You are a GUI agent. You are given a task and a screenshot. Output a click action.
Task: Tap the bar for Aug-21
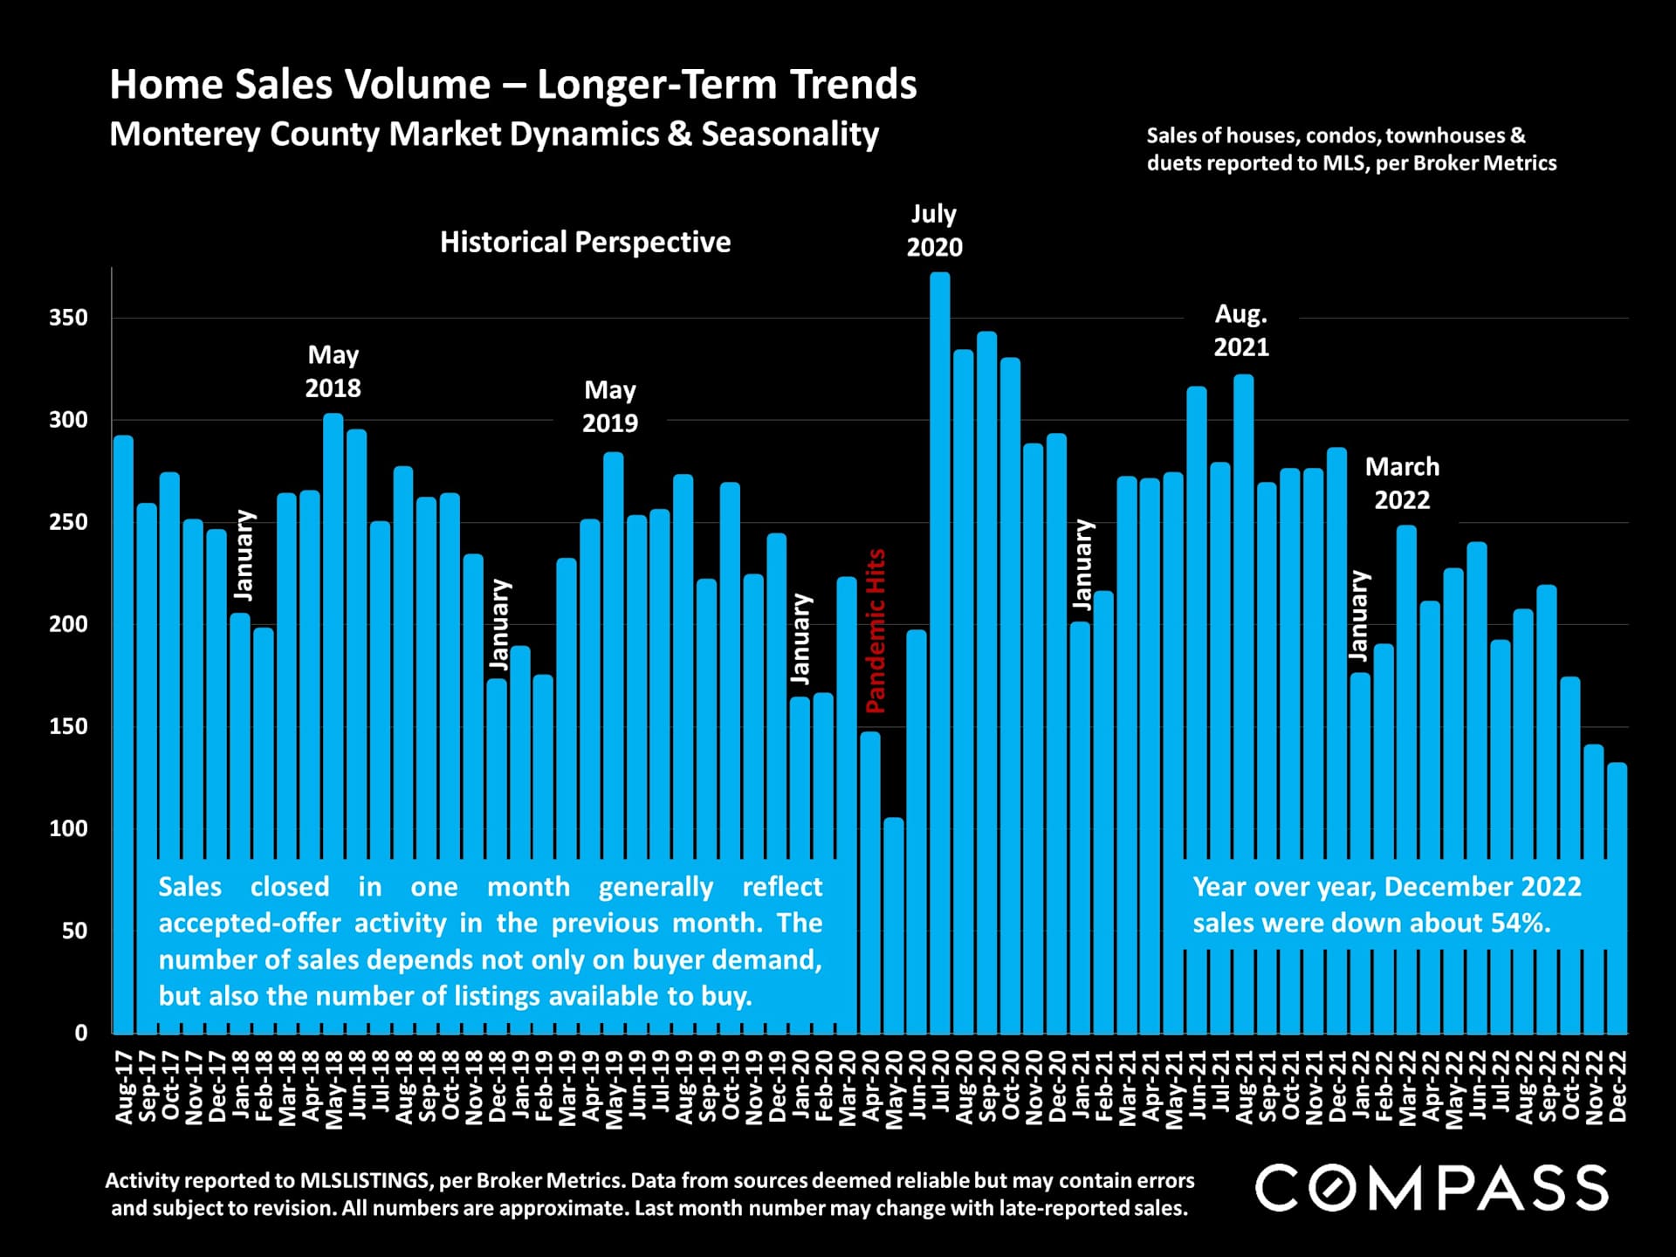1243,611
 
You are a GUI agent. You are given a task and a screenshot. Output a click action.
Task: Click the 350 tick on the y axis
69,318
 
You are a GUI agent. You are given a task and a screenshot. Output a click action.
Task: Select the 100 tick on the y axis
69,828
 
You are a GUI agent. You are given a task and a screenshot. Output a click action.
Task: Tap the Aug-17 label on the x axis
124,1087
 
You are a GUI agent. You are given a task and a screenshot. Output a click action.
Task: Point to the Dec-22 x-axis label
1617,1087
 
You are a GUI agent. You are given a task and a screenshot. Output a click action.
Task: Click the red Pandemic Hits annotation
876,630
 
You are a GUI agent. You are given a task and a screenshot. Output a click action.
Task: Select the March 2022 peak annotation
1402,484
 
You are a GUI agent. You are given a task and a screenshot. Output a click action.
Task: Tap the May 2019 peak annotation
610,407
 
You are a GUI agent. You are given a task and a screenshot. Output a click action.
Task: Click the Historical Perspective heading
585,242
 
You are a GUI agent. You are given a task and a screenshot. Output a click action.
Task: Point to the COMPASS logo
1432,1188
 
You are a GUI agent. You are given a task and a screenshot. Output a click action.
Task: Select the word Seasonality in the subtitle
790,134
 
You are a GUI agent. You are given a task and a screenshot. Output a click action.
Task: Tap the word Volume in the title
416,85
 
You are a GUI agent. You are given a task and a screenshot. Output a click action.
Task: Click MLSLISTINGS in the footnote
365,1180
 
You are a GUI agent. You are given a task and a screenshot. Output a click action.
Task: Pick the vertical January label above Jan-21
1083,564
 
